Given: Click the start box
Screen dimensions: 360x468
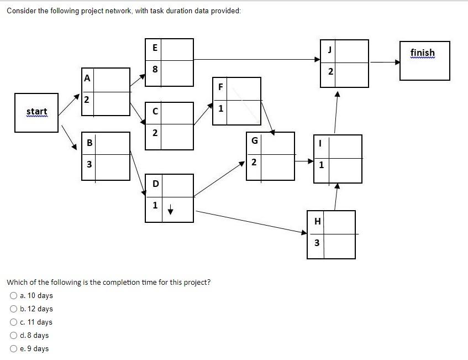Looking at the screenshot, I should pyautogui.click(x=36, y=113).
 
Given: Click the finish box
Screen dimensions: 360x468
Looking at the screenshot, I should pyautogui.click(x=424, y=60).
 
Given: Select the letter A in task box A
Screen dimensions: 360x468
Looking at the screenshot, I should pyautogui.click(x=87, y=79).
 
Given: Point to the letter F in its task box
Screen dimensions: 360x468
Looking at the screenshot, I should pyautogui.click(x=220, y=87).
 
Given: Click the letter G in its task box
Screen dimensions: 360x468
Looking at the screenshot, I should pyautogui.click(x=254, y=140).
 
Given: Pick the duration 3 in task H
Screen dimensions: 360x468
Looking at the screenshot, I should pyautogui.click(x=317, y=242).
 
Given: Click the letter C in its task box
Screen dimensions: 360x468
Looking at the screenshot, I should pyautogui.click(x=155, y=111).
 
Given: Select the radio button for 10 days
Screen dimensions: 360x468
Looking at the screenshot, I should pyautogui.click(x=13, y=296).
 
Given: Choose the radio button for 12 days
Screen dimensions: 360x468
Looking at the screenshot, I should pyautogui.click(x=13, y=309).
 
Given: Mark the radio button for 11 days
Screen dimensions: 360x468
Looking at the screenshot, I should pyautogui.click(x=13, y=322).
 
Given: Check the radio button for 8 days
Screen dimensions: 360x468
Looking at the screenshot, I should pyautogui.click(x=13, y=336).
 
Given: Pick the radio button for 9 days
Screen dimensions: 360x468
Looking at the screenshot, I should pyautogui.click(x=13, y=349).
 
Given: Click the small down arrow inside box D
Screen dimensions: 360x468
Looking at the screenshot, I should pyautogui.click(x=171, y=210).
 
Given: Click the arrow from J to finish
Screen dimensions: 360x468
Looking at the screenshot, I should pyautogui.click(x=385, y=62).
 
